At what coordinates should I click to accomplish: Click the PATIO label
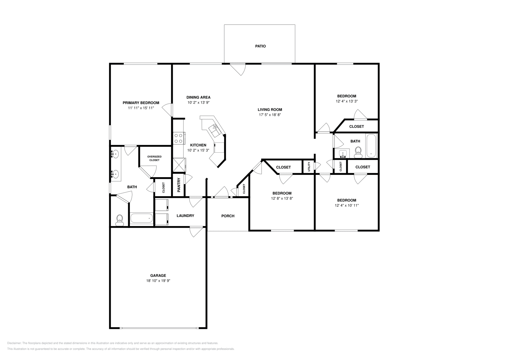tap(260, 46)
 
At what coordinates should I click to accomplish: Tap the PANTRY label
tap(179, 185)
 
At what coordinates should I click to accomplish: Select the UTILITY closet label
tap(309, 167)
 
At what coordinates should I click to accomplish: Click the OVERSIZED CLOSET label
tap(154, 158)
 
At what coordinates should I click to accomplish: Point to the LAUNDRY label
tap(185, 216)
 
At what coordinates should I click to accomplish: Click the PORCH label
tap(228, 216)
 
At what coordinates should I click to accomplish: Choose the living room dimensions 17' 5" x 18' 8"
tap(270, 115)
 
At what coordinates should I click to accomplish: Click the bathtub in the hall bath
tap(371, 146)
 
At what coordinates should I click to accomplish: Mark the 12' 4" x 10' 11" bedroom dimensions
tap(346, 205)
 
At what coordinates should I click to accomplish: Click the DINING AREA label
tap(198, 98)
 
